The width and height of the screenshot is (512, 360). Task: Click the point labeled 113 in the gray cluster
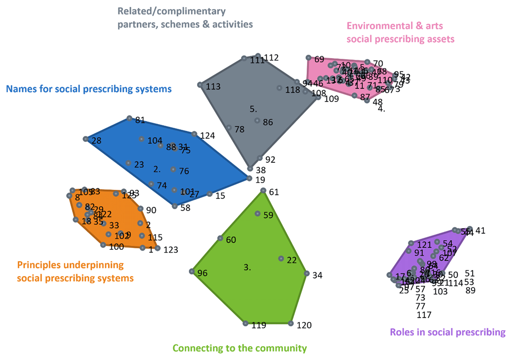coord(200,85)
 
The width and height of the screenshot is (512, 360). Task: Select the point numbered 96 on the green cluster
coord(192,272)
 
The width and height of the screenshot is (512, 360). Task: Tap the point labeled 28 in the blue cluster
coord(86,139)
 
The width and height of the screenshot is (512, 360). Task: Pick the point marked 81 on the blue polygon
coord(129,118)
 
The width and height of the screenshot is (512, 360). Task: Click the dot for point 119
coord(245,323)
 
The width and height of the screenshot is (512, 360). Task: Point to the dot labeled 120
coord(291,324)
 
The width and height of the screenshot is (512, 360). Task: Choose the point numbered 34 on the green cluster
coord(306,273)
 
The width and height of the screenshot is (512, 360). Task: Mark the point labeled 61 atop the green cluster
coord(263,190)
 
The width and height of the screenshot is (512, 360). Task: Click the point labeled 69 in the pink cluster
coord(308,57)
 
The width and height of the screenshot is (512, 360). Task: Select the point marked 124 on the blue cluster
coord(194,134)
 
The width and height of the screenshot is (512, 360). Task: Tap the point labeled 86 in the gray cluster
coord(257,120)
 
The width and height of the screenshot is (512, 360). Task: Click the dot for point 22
coord(281,258)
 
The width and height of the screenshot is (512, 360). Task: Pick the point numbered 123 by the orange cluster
coord(157,248)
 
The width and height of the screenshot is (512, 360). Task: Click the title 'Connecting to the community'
coord(239,348)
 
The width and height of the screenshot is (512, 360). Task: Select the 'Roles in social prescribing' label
coord(448,332)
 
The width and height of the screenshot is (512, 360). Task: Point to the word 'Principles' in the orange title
coord(37,265)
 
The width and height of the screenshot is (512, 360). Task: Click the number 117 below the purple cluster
coord(424,315)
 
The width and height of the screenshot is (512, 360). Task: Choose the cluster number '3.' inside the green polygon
coord(247,267)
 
